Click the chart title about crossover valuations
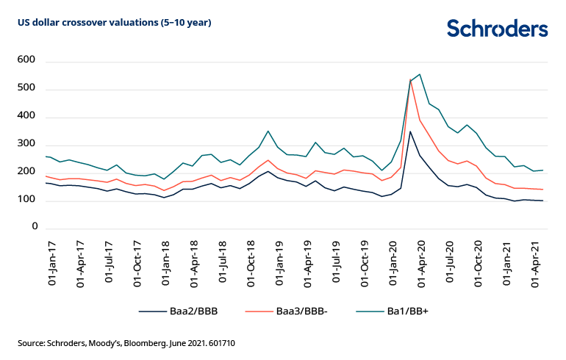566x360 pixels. coord(115,23)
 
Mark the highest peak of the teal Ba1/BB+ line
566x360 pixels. coord(419,74)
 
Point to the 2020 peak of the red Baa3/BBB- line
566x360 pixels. coord(410,79)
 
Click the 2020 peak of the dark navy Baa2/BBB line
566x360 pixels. coord(410,132)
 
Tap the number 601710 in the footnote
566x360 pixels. coord(219,343)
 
